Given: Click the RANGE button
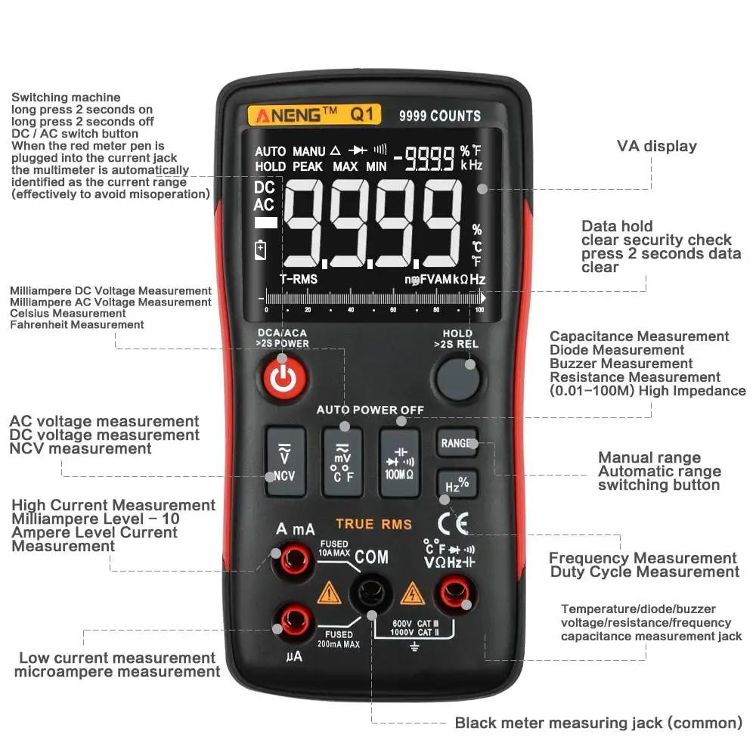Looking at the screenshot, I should [457, 444].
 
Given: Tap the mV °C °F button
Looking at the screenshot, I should [342, 461].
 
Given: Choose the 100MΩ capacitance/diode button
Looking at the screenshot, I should [399, 461].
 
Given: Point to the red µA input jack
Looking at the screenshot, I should [293, 621].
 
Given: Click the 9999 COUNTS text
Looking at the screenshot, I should [440, 116].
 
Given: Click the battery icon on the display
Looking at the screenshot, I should [261, 249].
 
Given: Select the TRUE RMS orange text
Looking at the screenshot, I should [373, 524].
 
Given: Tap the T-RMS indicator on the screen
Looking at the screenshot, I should [299, 279].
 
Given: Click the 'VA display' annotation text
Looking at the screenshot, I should [656, 146].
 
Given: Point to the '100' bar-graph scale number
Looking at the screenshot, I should [480, 309].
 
